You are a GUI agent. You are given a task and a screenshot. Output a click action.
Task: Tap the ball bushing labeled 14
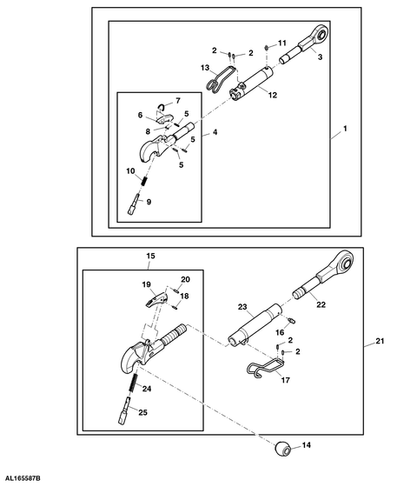pyautogui.click(x=282, y=449)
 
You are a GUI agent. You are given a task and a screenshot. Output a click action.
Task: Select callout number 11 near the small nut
pyautogui.click(x=282, y=43)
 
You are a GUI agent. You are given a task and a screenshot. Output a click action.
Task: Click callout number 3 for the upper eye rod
pyautogui.click(x=320, y=57)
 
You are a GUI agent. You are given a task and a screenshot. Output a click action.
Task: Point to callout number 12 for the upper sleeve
pyautogui.click(x=273, y=95)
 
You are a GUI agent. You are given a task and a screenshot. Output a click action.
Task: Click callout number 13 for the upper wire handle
pyautogui.click(x=205, y=68)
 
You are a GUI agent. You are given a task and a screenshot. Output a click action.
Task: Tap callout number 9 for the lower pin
pyautogui.click(x=149, y=202)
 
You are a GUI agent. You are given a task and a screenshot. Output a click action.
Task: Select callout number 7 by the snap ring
pyautogui.click(x=178, y=101)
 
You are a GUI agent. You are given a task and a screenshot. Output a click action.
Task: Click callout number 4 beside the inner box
pyautogui.click(x=215, y=132)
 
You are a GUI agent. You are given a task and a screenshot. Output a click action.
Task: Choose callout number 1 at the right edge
pyautogui.click(x=345, y=129)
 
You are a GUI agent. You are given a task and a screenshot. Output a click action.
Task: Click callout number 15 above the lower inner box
pyautogui.click(x=150, y=257)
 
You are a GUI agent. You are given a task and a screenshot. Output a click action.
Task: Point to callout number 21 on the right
pyautogui.click(x=380, y=341)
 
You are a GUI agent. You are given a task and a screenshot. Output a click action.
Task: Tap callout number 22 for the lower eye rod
pyautogui.click(x=321, y=304)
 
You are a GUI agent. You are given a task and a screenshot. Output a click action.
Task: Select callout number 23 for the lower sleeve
pyautogui.click(x=242, y=307)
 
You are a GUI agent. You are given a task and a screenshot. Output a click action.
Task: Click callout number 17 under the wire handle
pyautogui.click(x=286, y=380)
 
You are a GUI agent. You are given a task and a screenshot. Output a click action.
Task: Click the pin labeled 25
pyautogui.click(x=124, y=410)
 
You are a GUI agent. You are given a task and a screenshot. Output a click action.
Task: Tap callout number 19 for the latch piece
pyautogui.click(x=147, y=285)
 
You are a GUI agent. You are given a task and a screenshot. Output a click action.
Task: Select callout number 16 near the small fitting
pyautogui.click(x=280, y=332)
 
